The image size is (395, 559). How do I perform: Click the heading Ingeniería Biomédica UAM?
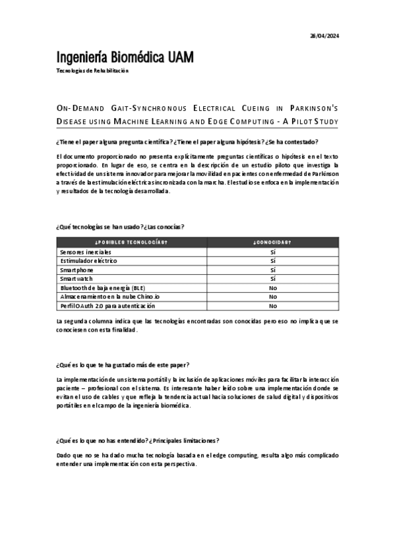[x=125, y=57]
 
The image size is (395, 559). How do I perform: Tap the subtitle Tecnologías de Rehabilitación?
[x=92, y=71]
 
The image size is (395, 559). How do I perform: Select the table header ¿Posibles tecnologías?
[x=132, y=242]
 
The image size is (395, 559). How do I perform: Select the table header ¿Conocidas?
[x=272, y=242]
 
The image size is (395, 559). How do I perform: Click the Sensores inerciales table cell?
[x=86, y=252]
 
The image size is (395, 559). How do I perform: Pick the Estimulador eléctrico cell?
[x=88, y=261]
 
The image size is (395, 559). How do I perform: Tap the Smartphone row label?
[x=76, y=270]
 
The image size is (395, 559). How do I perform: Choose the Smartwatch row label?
[x=76, y=279]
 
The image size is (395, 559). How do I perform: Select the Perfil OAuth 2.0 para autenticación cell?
[x=98, y=306]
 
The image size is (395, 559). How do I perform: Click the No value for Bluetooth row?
[x=272, y=288]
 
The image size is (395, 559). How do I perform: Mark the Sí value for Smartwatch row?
[x=272, y=279]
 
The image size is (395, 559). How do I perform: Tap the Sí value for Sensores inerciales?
[x=272, y=252]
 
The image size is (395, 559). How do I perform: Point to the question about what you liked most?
[x=123, y=365]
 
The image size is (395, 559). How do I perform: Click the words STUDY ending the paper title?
[x=324, y=122]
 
